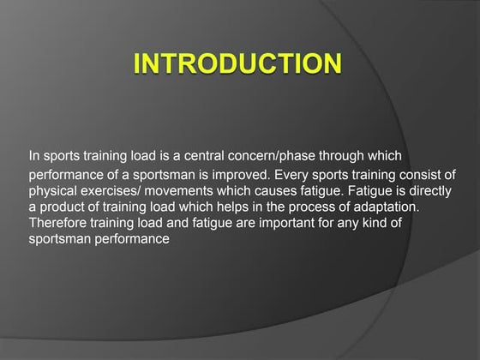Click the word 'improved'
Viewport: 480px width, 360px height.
point(261,174)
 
